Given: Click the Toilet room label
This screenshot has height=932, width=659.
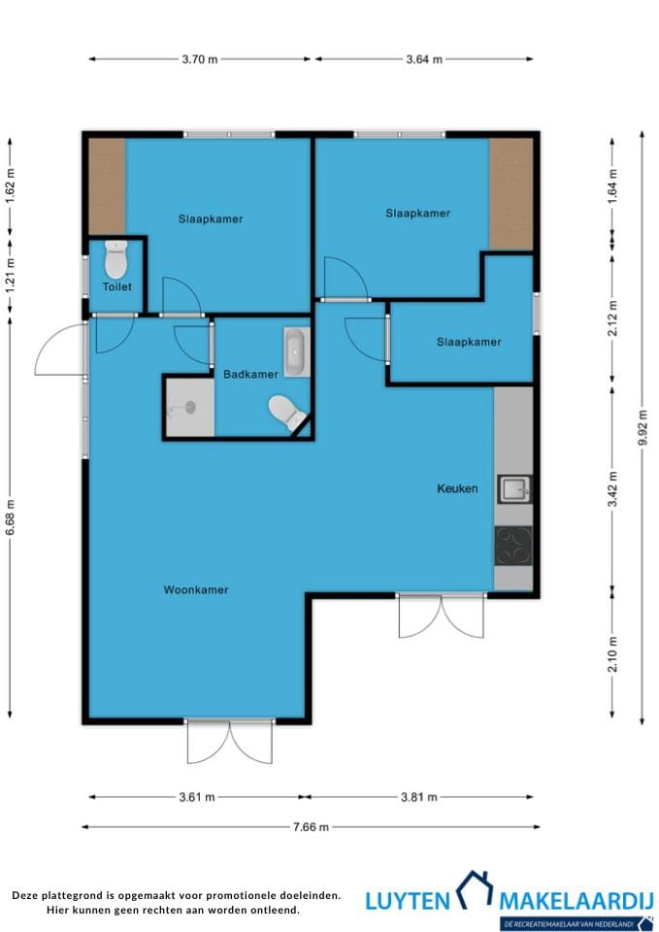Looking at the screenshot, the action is (117, 286).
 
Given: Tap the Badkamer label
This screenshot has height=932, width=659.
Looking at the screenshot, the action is (250, 374).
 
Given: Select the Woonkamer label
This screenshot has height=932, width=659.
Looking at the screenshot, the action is (196, 589).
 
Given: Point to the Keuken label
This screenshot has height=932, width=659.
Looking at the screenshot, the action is (457, 488).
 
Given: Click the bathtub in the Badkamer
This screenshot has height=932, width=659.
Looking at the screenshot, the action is (297, 351).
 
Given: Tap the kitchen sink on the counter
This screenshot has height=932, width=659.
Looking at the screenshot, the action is (514, 489).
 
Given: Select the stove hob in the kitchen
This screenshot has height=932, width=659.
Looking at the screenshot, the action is (513, 546).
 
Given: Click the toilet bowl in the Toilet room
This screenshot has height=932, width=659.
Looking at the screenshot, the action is (115, 259).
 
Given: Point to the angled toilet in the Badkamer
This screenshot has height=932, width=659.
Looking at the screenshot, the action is (286, 412).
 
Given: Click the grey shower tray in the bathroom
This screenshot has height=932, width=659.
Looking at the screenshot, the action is (189, 407).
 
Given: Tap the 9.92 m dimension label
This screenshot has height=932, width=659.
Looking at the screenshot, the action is (643, 427).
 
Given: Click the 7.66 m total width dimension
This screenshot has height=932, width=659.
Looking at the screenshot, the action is (311, 827).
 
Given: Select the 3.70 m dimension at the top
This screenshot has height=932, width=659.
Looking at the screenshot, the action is (200, 59).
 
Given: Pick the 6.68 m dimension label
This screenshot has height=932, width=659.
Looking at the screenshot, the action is (10, 516).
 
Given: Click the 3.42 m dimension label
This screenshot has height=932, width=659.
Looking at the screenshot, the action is (612, 488).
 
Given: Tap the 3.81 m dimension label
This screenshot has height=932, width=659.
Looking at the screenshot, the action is (419, 797).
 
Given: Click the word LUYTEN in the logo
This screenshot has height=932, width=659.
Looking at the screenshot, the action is (408, 901).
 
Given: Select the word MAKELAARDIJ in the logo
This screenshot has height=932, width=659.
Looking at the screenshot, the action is (577, 901).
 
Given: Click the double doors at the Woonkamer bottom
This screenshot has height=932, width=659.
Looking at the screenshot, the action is (229, 741).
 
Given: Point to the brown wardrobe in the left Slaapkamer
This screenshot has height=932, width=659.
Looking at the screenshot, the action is (107, 186).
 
